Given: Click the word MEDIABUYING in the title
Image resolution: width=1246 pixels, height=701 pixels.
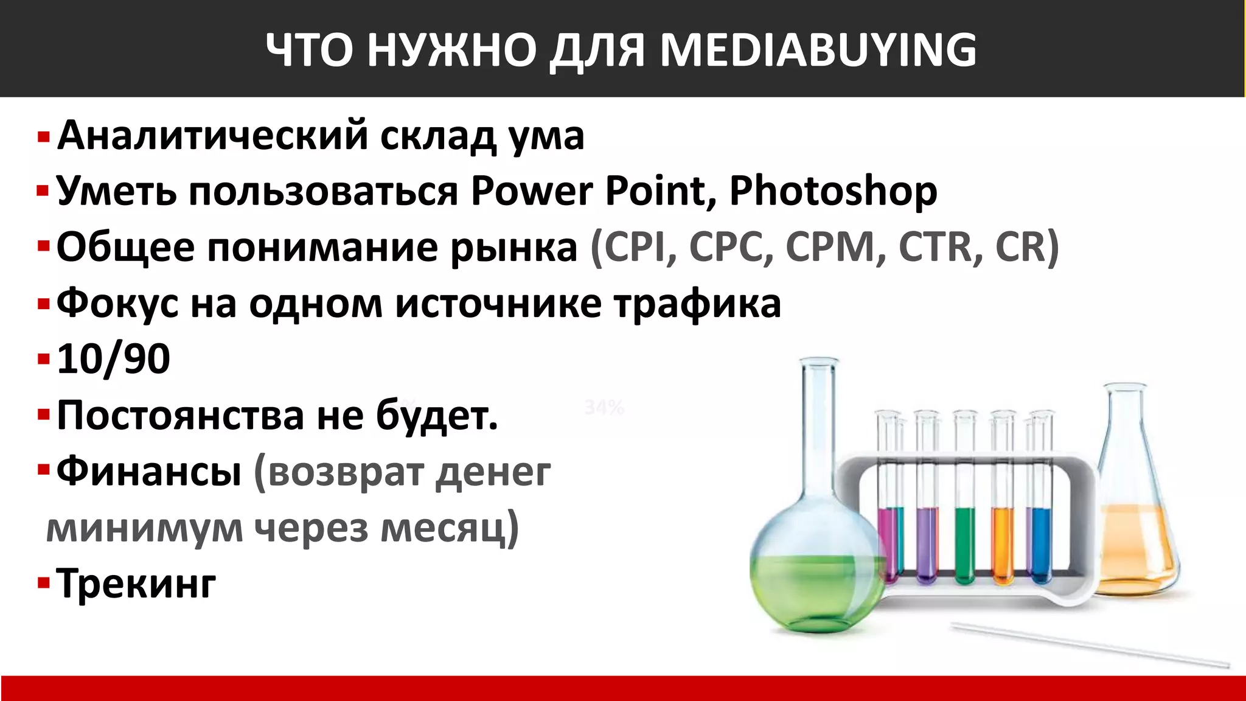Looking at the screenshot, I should (x=818, y=50).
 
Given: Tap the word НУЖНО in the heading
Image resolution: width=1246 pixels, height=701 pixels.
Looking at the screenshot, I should (x=451, y=50).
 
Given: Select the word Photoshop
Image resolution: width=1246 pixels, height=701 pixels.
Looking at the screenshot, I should (x=833, y=192).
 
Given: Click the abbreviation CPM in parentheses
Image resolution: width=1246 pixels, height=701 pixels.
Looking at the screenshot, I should (x=830, y=247).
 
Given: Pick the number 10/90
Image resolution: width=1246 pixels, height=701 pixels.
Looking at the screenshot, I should (x=113, y=359).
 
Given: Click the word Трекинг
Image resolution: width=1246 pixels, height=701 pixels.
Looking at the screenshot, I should (x=136, y=584).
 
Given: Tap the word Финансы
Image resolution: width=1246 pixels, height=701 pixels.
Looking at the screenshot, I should (x=149, y=472).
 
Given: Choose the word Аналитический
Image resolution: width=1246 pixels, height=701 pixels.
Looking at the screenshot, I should (x=213, y=135).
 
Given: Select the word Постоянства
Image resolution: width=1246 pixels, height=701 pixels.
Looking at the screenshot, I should (x=180, y=416).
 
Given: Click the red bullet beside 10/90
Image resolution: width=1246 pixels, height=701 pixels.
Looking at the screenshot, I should (x=43, y=360).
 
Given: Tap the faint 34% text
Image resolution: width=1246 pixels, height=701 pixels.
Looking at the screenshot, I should (x=604, y=407).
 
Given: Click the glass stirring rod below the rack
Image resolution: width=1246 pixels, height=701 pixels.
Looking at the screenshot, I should (x=1089, y=645).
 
